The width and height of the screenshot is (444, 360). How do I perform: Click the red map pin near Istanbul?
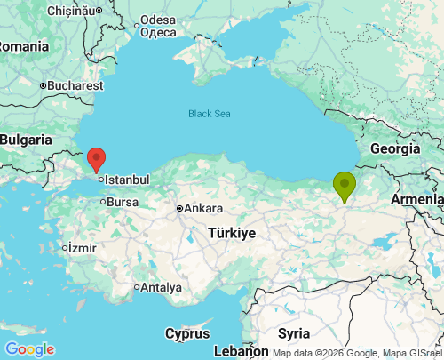pos(97,160)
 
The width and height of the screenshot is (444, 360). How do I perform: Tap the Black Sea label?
pos(209,114)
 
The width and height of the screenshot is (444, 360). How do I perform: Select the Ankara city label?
pos(203,209)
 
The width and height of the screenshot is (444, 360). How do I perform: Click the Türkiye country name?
pos(232,233)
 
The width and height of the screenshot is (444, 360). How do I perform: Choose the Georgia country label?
pos(394,148)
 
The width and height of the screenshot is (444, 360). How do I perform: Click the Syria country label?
pos(293,333)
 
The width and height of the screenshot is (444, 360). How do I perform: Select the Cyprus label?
pos(187,333)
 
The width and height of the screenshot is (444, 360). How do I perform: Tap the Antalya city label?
pos(162,288)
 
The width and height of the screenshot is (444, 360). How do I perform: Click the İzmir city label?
pos(81,247)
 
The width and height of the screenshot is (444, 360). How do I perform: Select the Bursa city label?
pos(123,202)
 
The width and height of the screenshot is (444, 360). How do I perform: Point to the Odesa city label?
pos(158,20)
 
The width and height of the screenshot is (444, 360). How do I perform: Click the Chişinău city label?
pos(49,11)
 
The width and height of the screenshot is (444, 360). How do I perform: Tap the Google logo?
pos(28,349)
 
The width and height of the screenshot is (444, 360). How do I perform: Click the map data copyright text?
pos(357,353)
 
